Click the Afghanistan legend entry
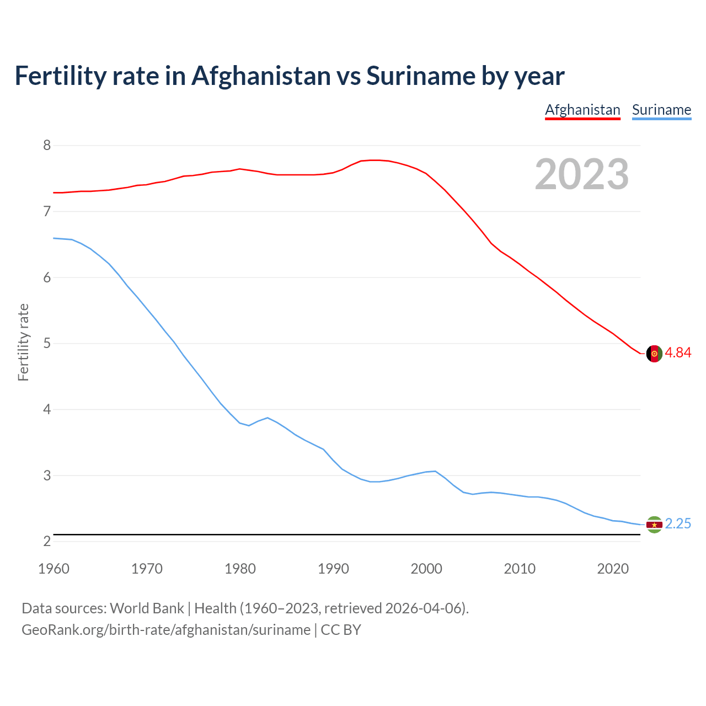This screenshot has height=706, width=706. click(582, 110)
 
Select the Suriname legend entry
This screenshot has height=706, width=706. click(661, 110)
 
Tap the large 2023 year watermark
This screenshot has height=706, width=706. click(581, 174)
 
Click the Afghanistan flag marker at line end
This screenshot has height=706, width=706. click(654, 354)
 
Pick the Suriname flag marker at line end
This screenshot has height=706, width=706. click(654, 525)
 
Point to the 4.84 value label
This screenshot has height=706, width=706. click(678, 353)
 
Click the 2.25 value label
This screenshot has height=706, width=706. click(678, 524)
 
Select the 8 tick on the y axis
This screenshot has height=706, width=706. click(47, 146)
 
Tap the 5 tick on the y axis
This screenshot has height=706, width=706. click(47, 344)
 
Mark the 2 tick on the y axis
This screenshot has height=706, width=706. click(47, 542)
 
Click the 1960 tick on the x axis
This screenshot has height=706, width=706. click(54, 569)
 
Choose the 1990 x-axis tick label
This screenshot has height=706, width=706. click(333, 569)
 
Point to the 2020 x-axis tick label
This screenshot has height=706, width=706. click(613, 569)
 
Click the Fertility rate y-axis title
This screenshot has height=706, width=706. click(23, 342)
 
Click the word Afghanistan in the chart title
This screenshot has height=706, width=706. click(261, 76)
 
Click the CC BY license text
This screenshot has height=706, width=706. click(341, 630)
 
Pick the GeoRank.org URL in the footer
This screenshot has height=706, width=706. click(165, 630)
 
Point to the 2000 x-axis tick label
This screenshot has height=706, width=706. click(426, 569)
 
